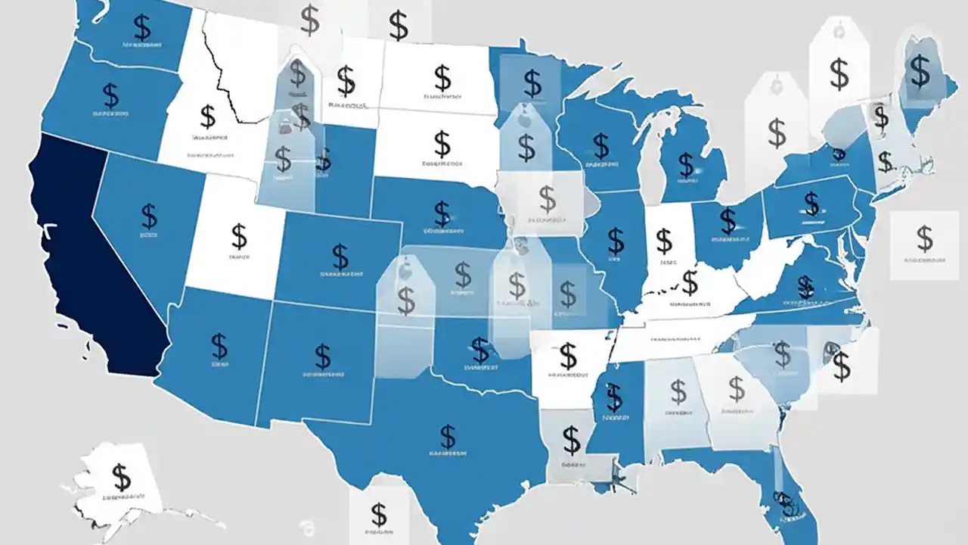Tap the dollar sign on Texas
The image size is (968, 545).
point(448,436)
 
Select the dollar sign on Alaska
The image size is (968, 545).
point(121,478)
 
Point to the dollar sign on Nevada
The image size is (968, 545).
point(149,216)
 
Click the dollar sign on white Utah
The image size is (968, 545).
point(239,236)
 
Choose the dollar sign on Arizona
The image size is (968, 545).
point(219,346)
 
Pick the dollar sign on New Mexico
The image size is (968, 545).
point(323,354)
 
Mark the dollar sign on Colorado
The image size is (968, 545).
point(341,256)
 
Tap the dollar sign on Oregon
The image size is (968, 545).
point(111,95)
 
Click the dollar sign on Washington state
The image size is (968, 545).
point(141,28)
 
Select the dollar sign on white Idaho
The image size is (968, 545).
point(208,117)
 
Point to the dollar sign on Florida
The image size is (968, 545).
point(785,501)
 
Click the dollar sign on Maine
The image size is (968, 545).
point(920,71)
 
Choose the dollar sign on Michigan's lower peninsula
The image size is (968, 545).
point(686,163)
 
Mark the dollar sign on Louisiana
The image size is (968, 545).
point(572,439)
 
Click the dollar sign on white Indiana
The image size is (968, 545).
point(664,241)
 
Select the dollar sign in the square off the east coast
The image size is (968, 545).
point(924,238)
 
